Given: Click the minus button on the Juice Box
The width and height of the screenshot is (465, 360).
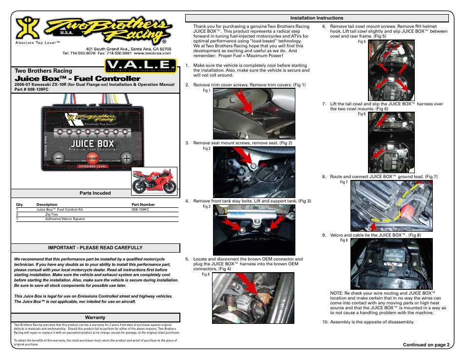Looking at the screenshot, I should pos(58,159).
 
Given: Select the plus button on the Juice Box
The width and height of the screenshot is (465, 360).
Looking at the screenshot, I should pos(126,159).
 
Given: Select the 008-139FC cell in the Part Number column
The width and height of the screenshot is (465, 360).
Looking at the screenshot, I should pos(140,209).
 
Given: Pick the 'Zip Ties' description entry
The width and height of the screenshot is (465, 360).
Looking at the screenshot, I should pos(51,214).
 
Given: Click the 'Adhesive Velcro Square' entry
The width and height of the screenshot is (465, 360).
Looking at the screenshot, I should pos(65,219).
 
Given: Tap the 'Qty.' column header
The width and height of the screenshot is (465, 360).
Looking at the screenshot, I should pos(19,204).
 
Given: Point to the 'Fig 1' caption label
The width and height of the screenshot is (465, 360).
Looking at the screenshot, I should pos(206,90).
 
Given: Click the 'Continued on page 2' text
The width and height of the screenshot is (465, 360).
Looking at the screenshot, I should pos(424,344).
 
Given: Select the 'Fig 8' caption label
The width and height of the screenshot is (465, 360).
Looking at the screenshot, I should pos(344,240).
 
